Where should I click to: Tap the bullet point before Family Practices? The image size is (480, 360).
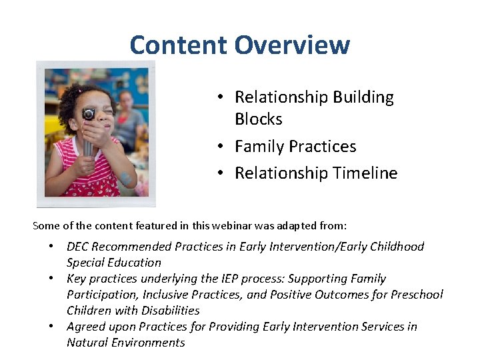219,147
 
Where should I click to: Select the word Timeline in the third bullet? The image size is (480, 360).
365,173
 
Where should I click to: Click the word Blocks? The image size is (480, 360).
258,119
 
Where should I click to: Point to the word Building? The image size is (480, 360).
361,97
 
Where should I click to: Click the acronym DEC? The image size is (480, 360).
79,247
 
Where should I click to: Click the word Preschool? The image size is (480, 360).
417,295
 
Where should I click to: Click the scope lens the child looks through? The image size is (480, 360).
87,115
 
